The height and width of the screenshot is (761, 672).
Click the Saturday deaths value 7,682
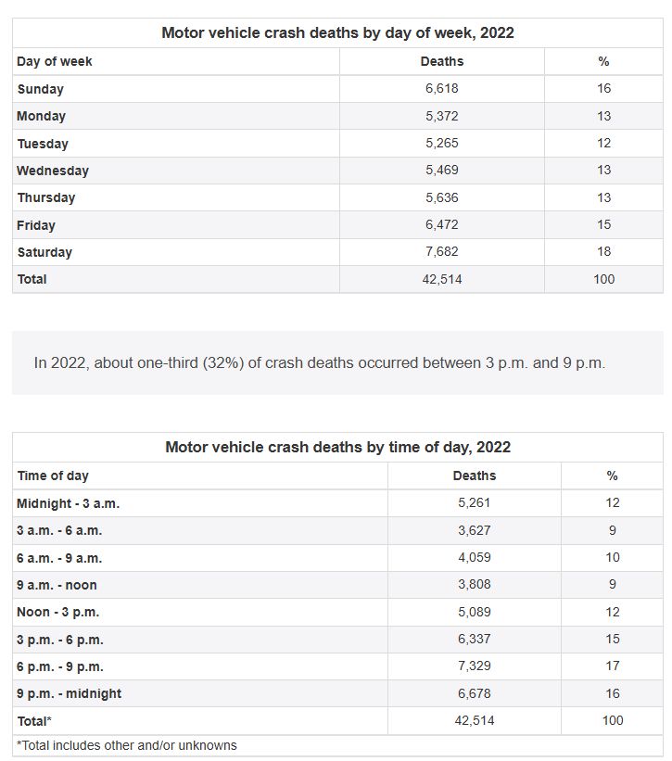(x=442, y=252)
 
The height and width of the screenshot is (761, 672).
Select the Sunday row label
(x=40, y=89)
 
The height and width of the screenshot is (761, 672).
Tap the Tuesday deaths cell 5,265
(x=442, y=144)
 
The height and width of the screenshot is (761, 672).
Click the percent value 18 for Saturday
(x=603, y=252)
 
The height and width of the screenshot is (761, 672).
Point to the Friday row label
(x=36, y=225)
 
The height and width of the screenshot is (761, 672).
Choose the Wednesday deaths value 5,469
(x=442, y=171)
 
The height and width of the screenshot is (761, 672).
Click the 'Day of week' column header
(x=55, y=61)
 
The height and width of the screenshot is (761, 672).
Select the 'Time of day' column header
(x=53, y=476)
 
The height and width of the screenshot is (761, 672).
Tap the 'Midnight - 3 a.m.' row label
(x=68, y=503)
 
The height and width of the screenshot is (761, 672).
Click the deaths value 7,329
(x=475, y=666)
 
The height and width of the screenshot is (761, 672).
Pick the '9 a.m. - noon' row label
(x=57, y=585)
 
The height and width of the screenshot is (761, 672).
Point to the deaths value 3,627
(x=475, y=530)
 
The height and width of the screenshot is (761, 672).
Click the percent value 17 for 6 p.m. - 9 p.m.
(x=612, y=666)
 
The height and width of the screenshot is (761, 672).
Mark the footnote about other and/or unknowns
(x=127, y=745)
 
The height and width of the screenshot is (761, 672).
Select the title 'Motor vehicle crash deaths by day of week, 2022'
(x=337, y=32)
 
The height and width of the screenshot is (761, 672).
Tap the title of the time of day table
(x=337, y=447)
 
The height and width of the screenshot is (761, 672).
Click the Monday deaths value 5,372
(x=442, y=117)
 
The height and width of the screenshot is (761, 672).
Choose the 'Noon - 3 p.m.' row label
(x=57, y=612)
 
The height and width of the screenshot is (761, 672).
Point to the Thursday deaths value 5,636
(x=442, y=197)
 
